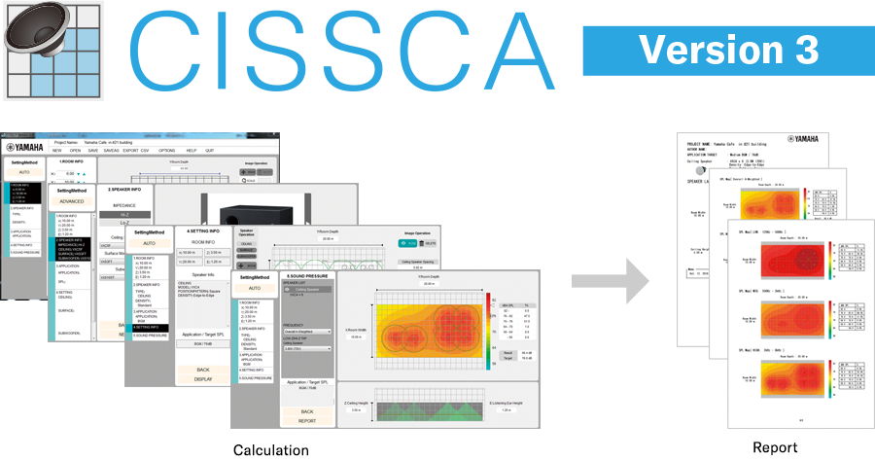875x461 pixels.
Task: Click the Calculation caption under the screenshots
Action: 270,449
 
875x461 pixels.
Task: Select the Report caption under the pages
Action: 774,447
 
